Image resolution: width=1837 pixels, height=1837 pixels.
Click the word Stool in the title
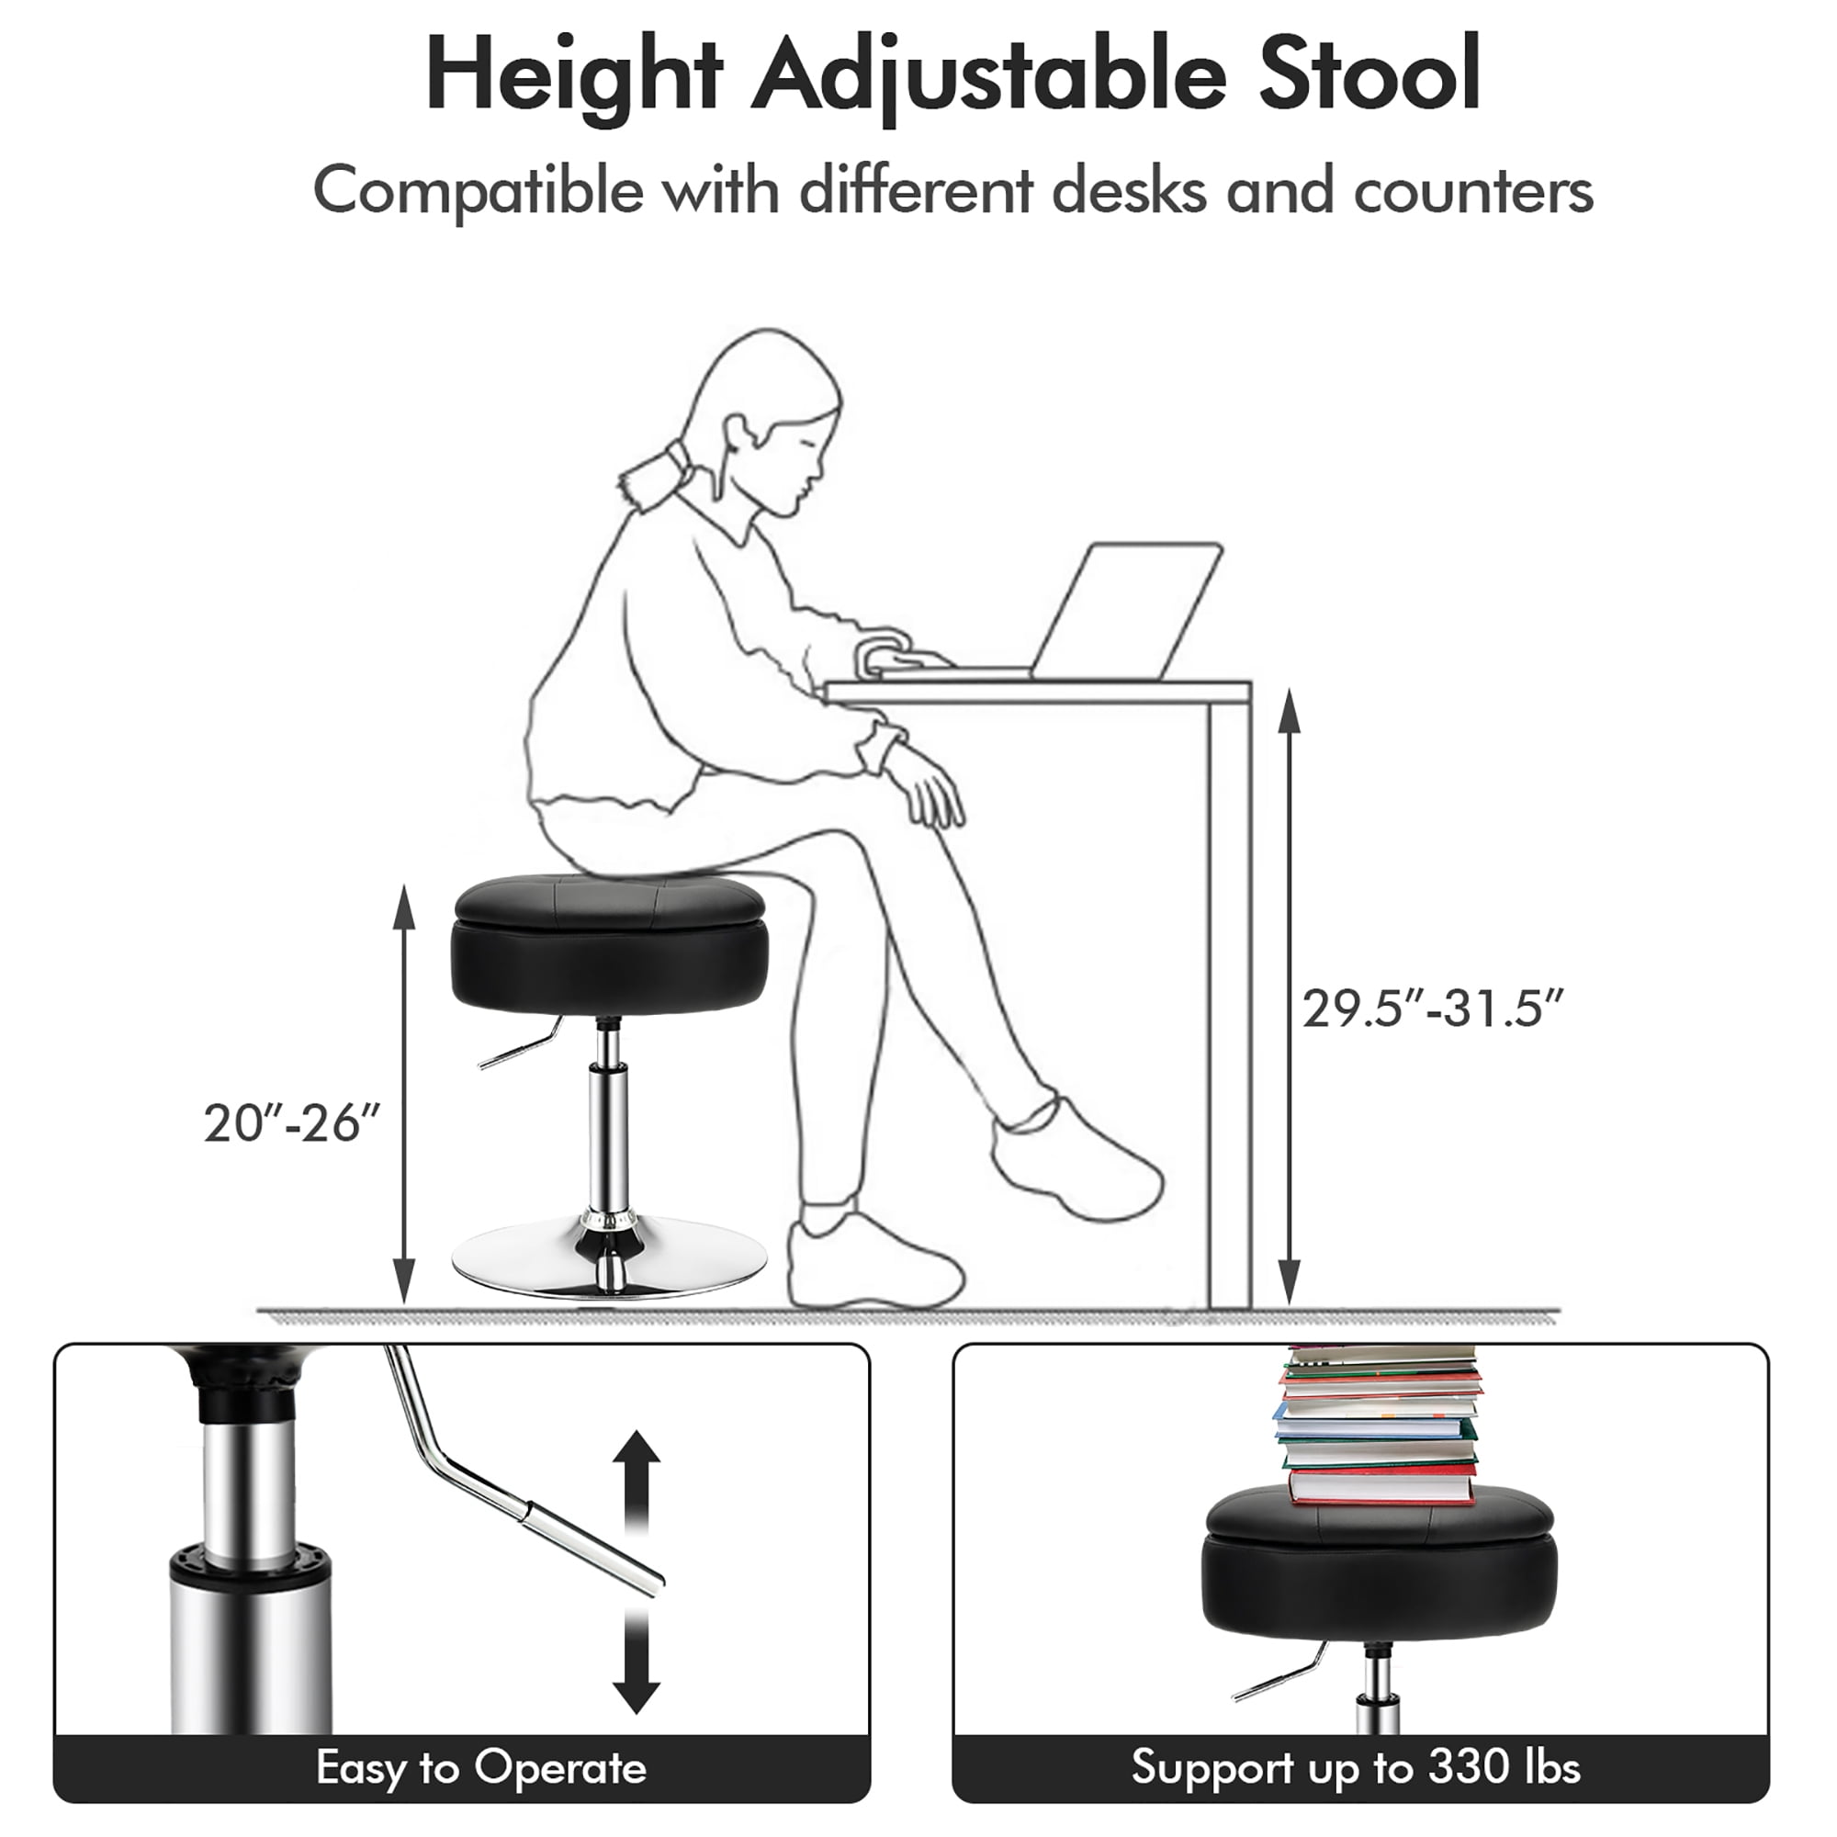pos(1370,76)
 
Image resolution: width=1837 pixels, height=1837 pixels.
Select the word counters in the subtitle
pos(1473,191)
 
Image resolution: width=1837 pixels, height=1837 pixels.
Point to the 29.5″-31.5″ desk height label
pos(1432,1009)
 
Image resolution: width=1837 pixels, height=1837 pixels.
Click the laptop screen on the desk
pos(1128,610)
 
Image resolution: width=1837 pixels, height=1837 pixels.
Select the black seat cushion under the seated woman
pos(610,944)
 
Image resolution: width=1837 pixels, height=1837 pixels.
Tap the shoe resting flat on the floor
pos(874,1258)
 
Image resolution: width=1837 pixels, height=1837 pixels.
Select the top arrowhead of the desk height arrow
pos(1290,710)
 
